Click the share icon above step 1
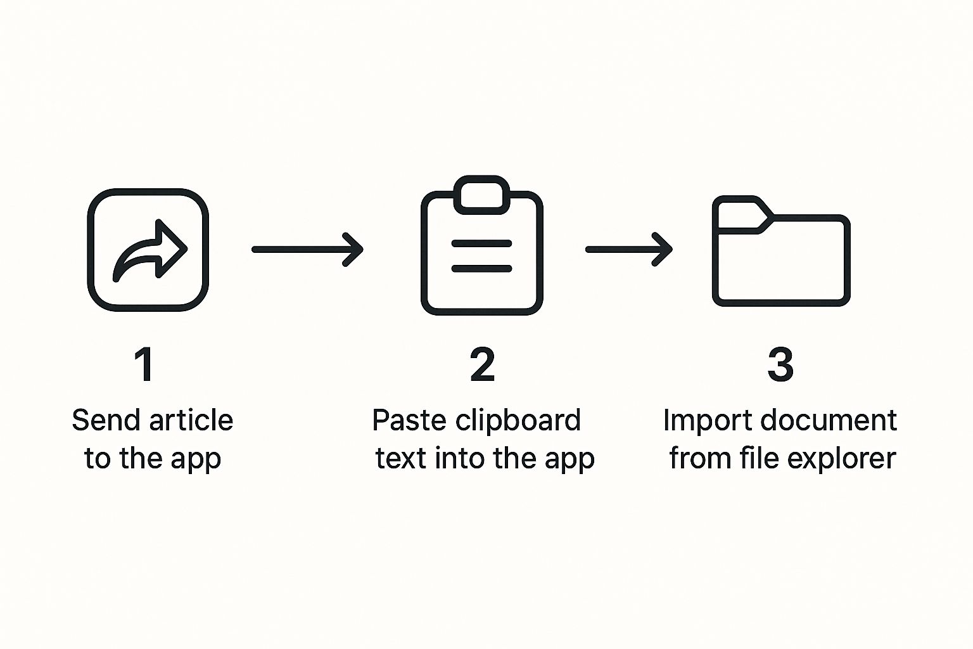tap(148, 249)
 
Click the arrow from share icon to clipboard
tap(307, 249)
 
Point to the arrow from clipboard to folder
tap(628, 249)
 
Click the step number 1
tap(144, 364)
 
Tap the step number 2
tap(482, 364)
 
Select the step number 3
tap(780, 364)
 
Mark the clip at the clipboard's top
tap(481, 194)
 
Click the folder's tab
tap(740, 214)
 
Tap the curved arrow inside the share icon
tap(150, 250)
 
